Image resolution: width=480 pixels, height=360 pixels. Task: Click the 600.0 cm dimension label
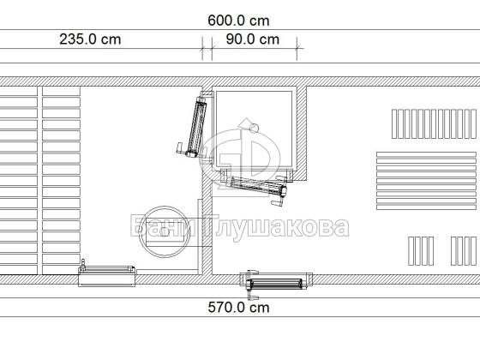tap(238, 21)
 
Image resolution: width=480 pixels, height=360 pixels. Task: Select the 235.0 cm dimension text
tap(90, 39)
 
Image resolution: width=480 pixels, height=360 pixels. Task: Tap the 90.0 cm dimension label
tap(253, 39)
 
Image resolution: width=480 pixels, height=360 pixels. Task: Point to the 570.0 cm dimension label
tap(238, 308)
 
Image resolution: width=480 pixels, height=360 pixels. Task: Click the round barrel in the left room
tap(165, 231)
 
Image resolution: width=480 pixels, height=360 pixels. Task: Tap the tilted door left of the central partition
tap(197, 126)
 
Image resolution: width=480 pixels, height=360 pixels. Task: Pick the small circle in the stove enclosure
tap(254, 128)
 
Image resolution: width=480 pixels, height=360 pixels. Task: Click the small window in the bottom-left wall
tap(106, 275)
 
